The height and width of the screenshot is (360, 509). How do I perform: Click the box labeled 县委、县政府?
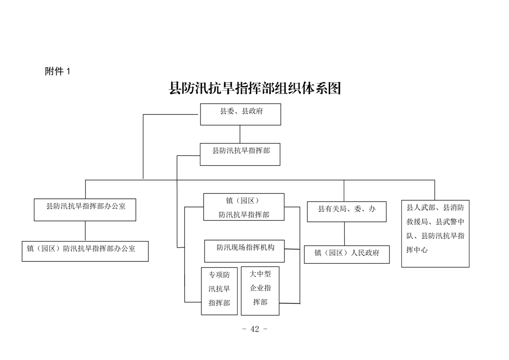(240, 114)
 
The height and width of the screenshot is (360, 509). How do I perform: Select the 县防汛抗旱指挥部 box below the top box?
(240, 154)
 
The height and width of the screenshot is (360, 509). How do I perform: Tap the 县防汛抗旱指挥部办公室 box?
(85, 210)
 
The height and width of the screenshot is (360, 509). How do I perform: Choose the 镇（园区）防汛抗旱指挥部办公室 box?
(85, 251)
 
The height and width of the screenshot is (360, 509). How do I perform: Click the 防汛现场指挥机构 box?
(245, 251)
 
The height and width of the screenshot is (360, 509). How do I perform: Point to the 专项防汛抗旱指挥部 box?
(219, 291)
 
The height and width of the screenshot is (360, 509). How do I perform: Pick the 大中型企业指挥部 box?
(260, 291)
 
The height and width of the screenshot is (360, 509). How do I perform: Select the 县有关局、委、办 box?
(347, 212)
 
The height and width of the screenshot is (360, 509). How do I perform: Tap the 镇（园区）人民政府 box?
(347, 254)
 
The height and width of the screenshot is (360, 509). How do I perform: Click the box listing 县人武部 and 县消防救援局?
(435, 233)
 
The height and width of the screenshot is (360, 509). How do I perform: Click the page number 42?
(254, 329)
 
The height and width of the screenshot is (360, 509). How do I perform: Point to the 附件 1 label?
(58, 71)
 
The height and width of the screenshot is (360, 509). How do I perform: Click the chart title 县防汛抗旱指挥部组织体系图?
(254, 88)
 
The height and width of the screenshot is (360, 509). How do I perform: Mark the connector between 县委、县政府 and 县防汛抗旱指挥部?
(240, 134)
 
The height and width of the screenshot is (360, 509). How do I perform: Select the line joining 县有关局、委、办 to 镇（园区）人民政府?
(344, 234)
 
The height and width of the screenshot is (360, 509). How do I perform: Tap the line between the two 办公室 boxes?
(85, 231)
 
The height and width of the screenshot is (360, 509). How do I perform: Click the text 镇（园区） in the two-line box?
(244, 200)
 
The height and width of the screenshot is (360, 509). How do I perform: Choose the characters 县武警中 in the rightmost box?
(450, 222)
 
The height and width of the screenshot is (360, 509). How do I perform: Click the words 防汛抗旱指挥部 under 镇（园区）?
(244, 214)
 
